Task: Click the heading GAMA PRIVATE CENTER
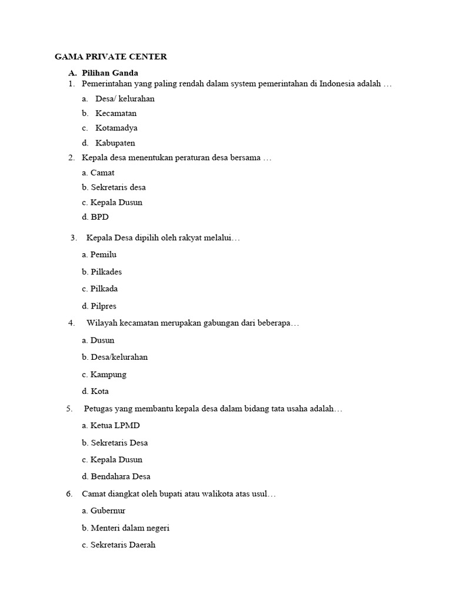pyautogui.click(x=111, y=57)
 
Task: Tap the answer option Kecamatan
pyautogui.click(x=116, y=113)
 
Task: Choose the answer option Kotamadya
pyautogui.click(x=117, y=128)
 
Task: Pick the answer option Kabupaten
pyautogui.click(x=115, y=143)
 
